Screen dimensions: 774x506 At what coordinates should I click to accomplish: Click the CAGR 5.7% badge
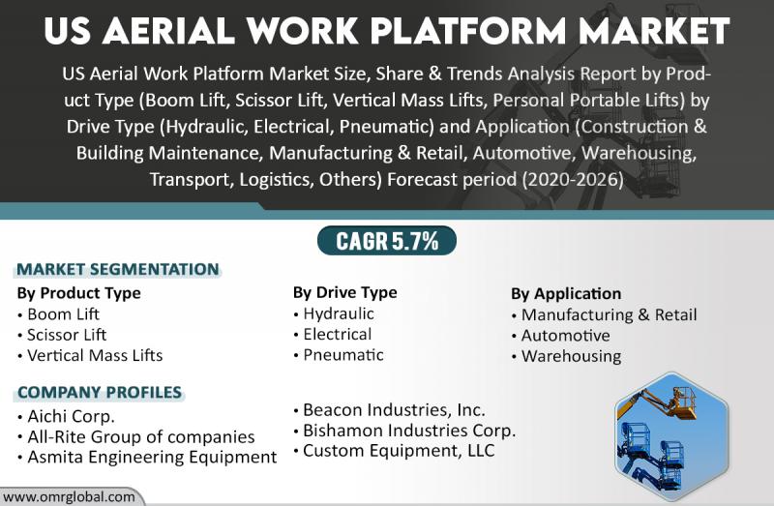click(x=386, y=241)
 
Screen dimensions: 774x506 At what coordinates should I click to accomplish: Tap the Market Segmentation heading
click(x=118, y=270)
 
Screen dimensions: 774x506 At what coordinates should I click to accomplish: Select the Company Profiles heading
click(x=100, y=393)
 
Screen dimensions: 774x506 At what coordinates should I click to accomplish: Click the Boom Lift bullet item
click(x=58, y=314)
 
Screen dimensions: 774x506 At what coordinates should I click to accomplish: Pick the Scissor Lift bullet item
click(x=62, y=335)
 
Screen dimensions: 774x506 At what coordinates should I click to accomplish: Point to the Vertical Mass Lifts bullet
click(x=90, y=355)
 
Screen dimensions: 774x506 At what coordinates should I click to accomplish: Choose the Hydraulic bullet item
click(x=334, y=313)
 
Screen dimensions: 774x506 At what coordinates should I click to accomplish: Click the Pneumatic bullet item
click(x=338, y=355)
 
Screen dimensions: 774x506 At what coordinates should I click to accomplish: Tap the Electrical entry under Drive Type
click(x=332, y=334)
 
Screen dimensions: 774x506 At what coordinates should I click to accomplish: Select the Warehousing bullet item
click(x=566, y=356)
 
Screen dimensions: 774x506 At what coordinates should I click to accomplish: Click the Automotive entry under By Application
click(x=561, y=336)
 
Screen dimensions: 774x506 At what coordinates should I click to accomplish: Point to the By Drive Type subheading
click(x=345, y=292)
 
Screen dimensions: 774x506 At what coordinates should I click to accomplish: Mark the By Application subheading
click(x=566, y=294)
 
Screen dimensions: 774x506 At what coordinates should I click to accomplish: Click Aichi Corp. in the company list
click(x=66, y=417)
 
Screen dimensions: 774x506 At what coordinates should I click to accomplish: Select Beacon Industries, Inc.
click(x=389, y=410)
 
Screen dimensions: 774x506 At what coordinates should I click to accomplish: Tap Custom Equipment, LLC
click(x=394, y=451)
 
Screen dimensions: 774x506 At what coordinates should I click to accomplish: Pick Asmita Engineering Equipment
click(x=147, y=457)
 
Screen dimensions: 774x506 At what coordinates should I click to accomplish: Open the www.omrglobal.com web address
click(x=69, y=496)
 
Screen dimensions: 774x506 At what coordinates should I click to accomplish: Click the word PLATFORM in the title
click(x=468, y=31)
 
